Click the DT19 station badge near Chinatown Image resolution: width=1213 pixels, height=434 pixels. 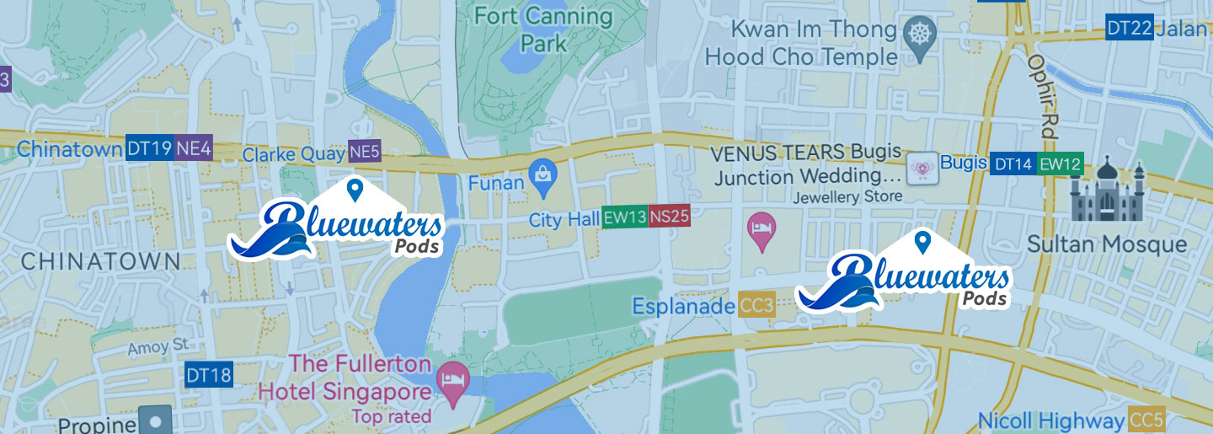tap(149, 148)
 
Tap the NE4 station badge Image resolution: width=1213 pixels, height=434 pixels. tap(193, 148)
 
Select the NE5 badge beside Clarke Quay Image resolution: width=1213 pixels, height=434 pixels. tap(365, 152)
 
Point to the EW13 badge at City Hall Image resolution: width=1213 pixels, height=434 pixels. tap(624, 217)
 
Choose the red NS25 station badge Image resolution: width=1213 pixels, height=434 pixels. tap(669, 217)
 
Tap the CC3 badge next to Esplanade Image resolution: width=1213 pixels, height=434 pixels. tap(756, 305)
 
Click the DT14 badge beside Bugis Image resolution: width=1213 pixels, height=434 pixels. tap(1013, 164)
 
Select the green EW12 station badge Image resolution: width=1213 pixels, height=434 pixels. tap(1059, 164)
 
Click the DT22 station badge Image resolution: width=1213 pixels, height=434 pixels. tap(1129, 29)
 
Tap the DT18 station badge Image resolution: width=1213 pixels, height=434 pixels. tap(208, 375)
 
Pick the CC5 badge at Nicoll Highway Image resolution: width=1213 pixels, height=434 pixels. tap(1146, 420)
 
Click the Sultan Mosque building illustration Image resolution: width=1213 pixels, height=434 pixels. tap(1108, 192)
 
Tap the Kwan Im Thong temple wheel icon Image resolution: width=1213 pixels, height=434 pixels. tap(919, 35)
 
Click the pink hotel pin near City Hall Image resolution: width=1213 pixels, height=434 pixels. tap(761, 229)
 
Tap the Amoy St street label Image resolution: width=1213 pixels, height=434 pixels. tap(159, 347)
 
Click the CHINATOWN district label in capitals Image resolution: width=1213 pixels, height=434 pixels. tap(100, 261)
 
